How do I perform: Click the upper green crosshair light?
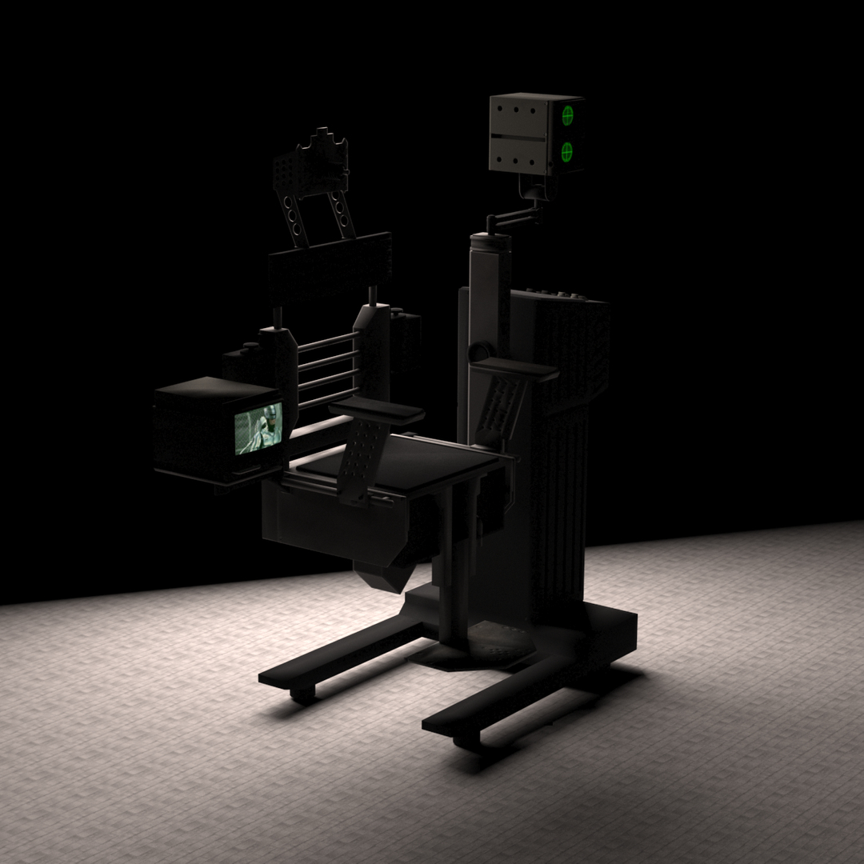click(x=569, y=115)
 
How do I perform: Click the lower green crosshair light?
click(x=569, y=150)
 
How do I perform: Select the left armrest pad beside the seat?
click(x=376, y=410)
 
